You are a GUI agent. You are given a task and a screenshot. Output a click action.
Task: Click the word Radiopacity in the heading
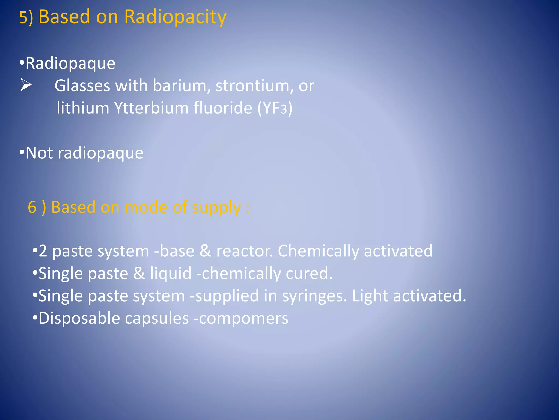pos(175,17)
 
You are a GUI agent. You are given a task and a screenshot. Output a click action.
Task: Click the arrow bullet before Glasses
pos(26,85)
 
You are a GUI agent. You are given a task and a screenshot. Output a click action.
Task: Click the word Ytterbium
pos(151,108)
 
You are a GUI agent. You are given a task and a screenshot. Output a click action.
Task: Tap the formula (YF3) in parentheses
pos(275,108)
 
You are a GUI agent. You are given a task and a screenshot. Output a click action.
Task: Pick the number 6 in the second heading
pos(32,207)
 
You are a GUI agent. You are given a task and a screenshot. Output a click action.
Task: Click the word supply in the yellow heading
pos(216,208)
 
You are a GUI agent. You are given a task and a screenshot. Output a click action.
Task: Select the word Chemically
pos(318,251)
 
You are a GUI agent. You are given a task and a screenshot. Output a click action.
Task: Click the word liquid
pos(171,273)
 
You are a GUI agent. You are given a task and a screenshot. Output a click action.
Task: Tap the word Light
pos(370,296)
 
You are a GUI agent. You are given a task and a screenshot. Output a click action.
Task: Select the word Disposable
pos(79,319)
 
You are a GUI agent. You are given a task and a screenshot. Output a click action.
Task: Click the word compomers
pos(243,319)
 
